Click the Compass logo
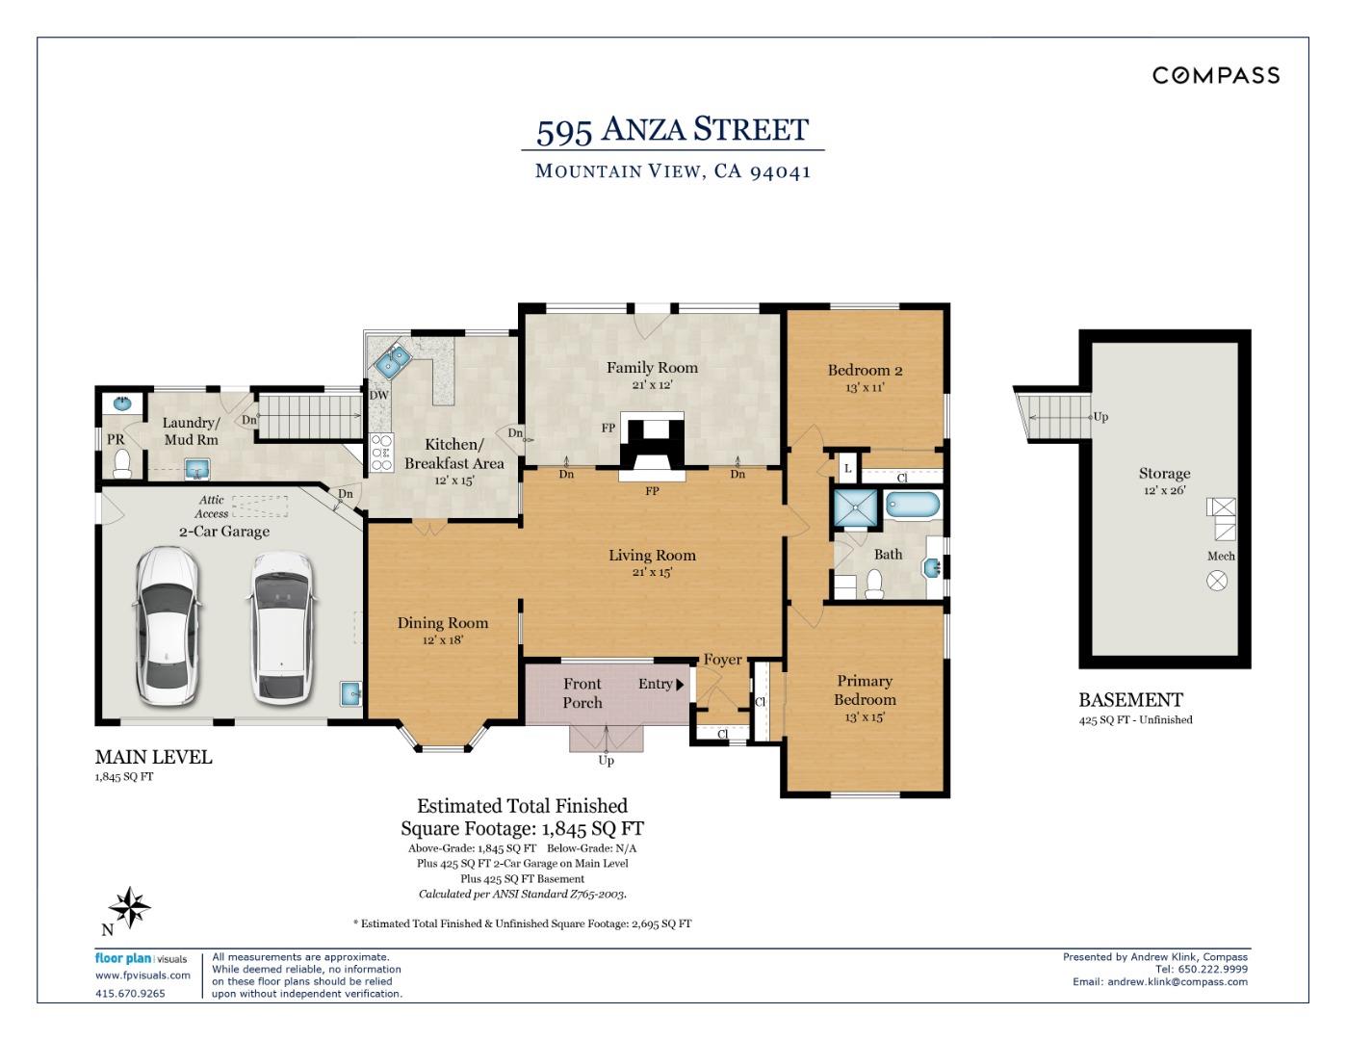click(1216, 75)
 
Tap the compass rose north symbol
click(129, 907)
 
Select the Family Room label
click(652, 367)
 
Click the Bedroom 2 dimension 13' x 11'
click(865, 388)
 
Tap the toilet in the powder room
click(122, 466)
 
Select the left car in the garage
click(168, 624)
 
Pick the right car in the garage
click(281, 626)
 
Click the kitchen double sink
click(394, 362)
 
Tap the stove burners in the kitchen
click(381, 452)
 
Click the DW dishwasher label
click(378, 395)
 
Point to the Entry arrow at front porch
click(680, 685)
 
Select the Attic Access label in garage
click(212, 507)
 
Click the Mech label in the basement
click(1220, 556)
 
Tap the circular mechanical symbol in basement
click(1218, 580)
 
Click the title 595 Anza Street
click(672, 129)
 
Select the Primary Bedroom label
click(864, 689)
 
